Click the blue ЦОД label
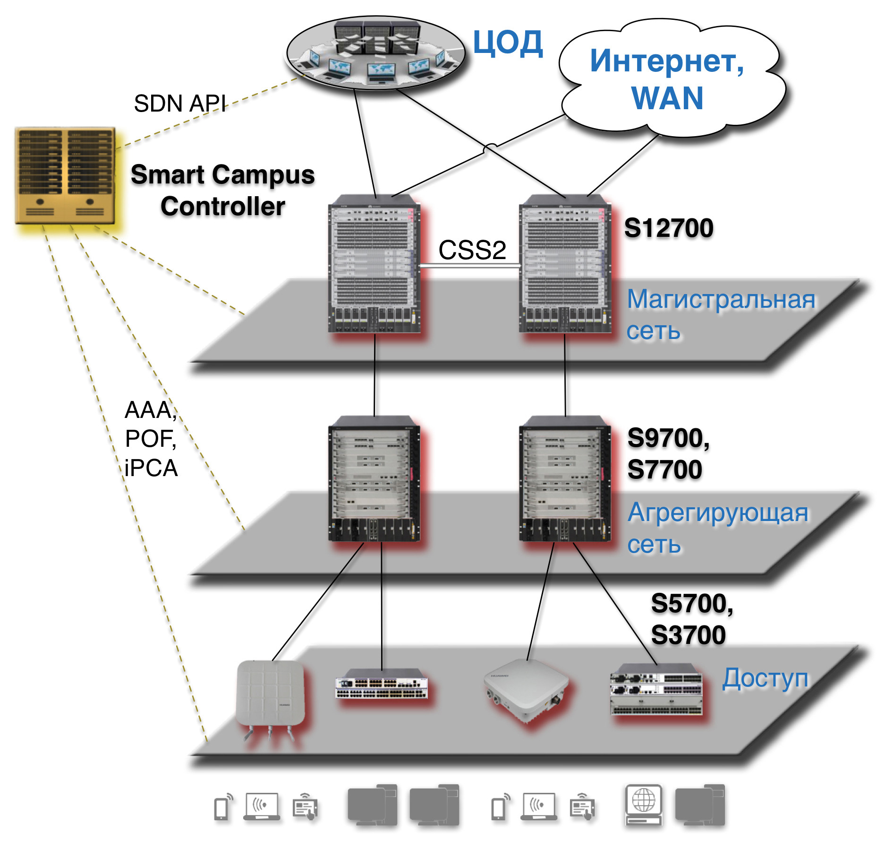coord(508,43)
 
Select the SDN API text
coord(179,104)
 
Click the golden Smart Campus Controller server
coord(65,175)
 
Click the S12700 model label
coord(668,228)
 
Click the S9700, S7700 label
coord(668,453)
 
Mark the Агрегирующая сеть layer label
coord(718,528)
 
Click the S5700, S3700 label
coord(692,619)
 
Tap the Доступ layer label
coord(765,678)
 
